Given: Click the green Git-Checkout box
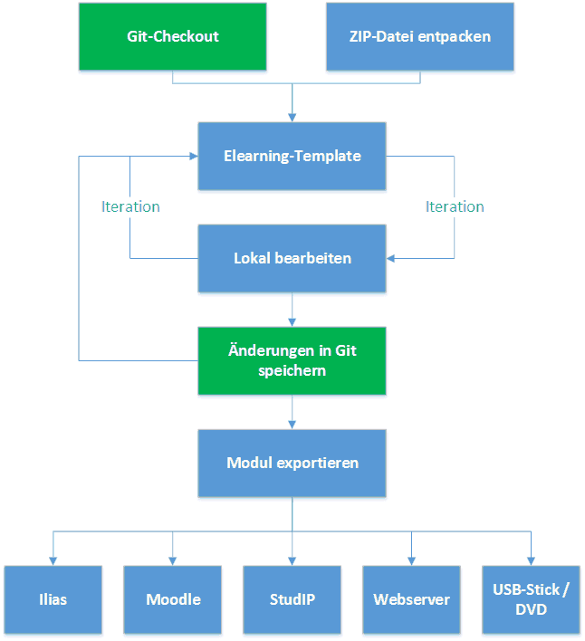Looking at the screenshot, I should [x=173, y=37].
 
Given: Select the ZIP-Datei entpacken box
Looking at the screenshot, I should [x=419, y=37].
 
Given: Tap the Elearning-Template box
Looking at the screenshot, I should [x=292, y=156].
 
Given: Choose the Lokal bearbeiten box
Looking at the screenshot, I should [x=292, y=258].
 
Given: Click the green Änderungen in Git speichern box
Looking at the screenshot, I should [x=292, y=360].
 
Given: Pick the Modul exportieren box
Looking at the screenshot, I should [x=292, y=463].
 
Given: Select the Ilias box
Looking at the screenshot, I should [x=53, y=599].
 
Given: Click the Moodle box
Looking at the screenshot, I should [x=172, y=599].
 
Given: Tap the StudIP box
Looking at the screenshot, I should [x=292, y=599].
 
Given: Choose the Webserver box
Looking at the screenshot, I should [x=411, y=599].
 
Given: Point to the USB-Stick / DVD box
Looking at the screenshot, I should [x=531, y=599].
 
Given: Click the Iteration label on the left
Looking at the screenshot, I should [x=130, y=206].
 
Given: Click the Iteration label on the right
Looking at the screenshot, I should [x=455, y=206].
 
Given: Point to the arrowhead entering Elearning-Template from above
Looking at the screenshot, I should [x=292, y=117].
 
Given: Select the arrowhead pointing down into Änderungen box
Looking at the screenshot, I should [x=292, y=321].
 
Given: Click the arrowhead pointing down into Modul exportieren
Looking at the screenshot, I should [x=292, y=424].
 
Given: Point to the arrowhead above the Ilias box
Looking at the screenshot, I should [x=53, y=560].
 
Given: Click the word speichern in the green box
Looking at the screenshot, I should [x=292, y=370].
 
